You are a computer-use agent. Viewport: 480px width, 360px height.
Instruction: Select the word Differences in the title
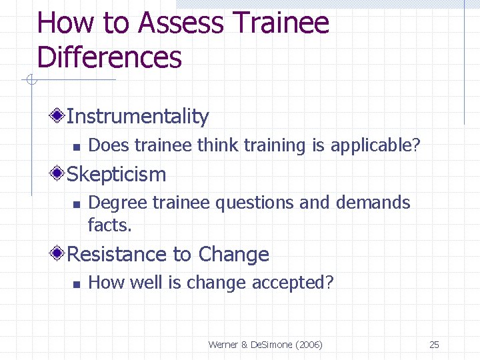[x=109, y=57]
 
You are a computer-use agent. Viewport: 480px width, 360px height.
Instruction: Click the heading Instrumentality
[x=137, y=117]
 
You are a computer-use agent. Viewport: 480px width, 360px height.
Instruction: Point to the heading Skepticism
[x=117, y=175]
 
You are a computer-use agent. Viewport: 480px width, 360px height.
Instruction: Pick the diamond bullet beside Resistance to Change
[x=58, y=254]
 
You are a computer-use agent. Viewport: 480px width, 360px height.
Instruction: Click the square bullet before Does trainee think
[x=76, y=146]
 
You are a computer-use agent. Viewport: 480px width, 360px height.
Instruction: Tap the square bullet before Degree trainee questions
[x=76, y=204]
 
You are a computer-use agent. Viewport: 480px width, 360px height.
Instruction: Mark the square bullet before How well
[x=76, y=284]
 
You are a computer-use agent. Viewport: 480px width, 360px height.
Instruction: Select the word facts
[x=110, y=225]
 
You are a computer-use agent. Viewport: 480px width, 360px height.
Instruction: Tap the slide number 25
[x=434, y=345]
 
